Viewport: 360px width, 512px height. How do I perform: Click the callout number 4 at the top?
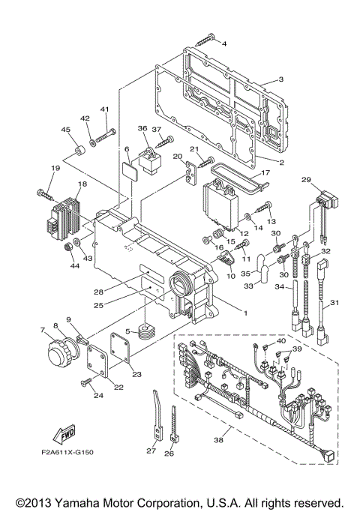pos(223,44)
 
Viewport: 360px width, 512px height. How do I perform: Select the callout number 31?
pos(335,303)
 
